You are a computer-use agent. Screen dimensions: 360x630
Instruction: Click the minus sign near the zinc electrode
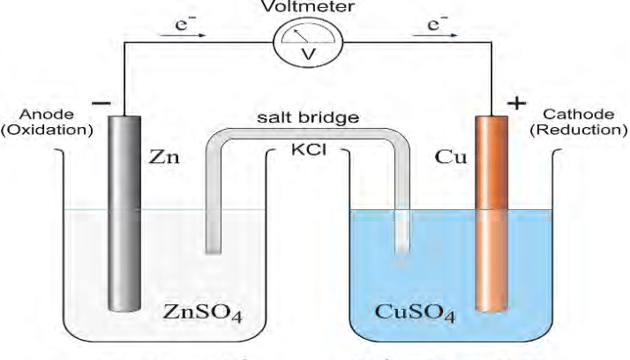(101, 104)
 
